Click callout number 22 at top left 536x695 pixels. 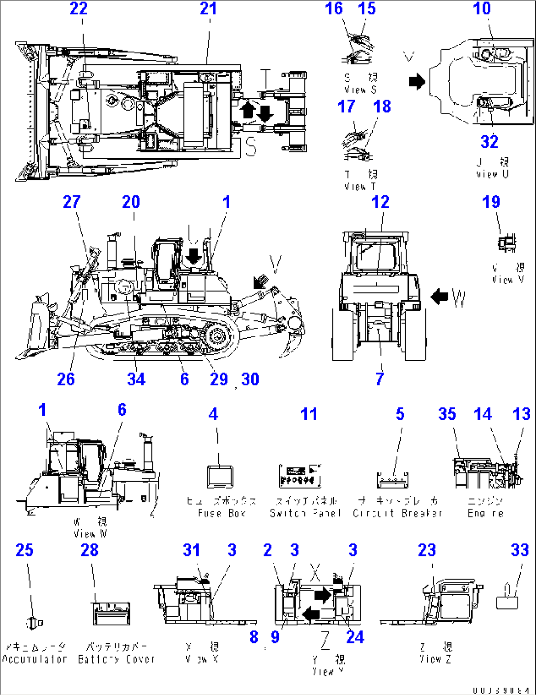79,9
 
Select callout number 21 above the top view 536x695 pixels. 208,9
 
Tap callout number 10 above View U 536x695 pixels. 481,9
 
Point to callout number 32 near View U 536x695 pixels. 489,142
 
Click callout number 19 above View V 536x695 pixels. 491,202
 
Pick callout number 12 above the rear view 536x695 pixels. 380,202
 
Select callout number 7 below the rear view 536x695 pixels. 380,379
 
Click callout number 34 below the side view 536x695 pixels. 136,379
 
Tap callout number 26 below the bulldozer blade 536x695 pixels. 66,379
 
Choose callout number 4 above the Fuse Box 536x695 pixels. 213,414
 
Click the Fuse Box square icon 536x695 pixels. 220,477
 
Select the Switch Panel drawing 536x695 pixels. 300,476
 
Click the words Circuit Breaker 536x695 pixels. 397,513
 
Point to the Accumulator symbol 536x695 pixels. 34,623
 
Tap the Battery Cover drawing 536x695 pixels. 112,613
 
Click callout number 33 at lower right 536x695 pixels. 519,550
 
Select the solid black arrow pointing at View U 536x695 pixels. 417,81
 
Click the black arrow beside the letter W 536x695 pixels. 439,296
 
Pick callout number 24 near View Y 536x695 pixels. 355,637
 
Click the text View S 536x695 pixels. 360,90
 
